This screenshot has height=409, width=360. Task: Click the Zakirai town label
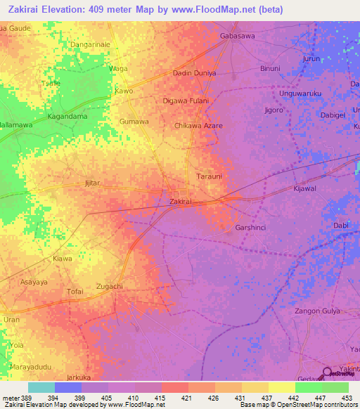coord(181,202)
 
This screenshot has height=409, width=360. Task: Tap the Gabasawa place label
coord(236,34)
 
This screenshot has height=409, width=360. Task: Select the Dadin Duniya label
coord(194,73)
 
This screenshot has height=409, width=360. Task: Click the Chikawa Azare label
coord(198,125)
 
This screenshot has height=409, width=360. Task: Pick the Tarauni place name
coord(209,176)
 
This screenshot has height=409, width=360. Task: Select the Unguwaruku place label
coord(300,93)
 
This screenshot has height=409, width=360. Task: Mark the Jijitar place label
coord(93,183)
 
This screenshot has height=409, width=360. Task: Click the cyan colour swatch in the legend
coord(41,387)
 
